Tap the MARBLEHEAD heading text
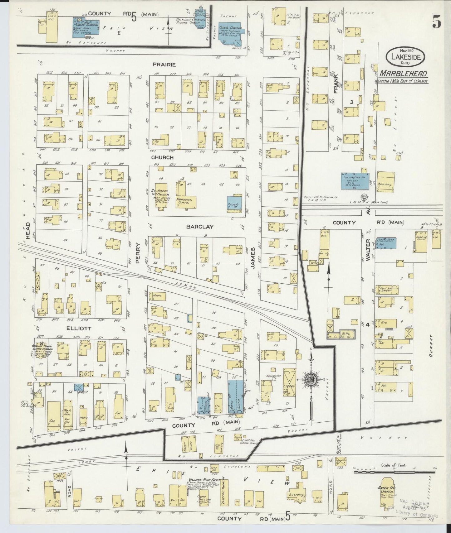click(403, 74)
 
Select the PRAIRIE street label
click(164, 65)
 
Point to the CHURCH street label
click(162, 157)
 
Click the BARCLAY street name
click(199, 227)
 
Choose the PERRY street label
click(138, 253)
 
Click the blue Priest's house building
click(234, 203)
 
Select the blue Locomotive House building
click(355, 181)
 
